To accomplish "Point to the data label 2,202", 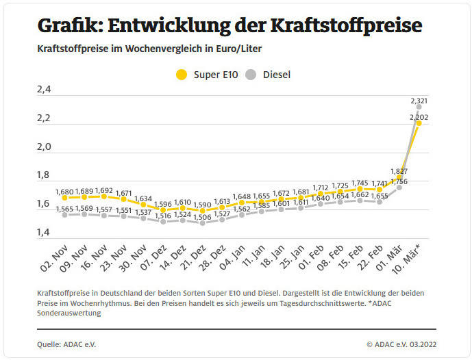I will click(x=419, y=117).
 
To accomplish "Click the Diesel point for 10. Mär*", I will click(x=419, y=107).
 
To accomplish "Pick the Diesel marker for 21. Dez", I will click(x=202, y=223).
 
